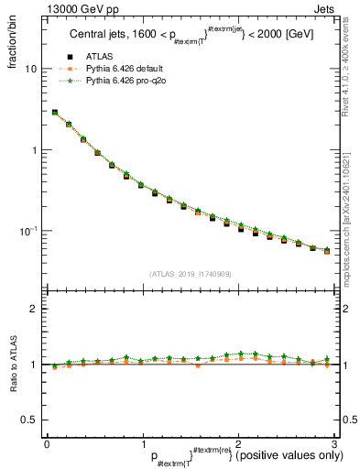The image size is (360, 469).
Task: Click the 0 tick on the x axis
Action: coord(47,443)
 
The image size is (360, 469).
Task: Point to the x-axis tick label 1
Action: coord(142,443)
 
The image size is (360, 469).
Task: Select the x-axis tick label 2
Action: coord(238,443)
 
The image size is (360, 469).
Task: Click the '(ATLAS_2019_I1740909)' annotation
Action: coord(191,274)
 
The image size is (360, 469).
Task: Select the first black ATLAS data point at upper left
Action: coord(54,113)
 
